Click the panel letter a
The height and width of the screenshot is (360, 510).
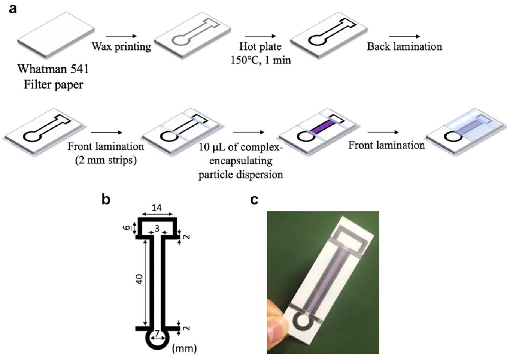pos(13,10)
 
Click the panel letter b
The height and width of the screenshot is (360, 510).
pos(106,200)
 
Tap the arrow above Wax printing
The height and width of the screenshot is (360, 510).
pos(121,36)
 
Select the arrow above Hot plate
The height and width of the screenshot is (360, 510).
pos(261,36)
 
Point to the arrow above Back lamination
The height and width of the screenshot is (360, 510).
pos(404,36)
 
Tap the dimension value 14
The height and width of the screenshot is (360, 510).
pos(157,208)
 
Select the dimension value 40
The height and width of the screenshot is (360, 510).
pos(139,279)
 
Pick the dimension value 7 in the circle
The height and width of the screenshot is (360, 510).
pos(157,333)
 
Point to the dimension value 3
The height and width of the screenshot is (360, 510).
pos(157,228)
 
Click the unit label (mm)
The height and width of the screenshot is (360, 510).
pos(185,348)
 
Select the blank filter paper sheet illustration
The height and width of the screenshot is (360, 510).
pos(56,35)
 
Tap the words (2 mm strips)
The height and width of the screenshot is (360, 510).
pos(106,160)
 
